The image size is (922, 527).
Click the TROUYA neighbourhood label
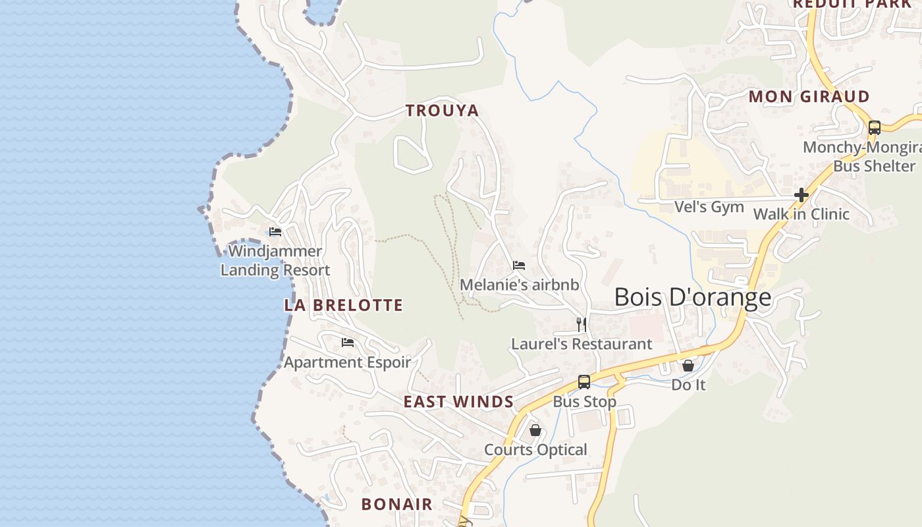(x=442, y=111)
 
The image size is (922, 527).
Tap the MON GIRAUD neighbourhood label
(x=809, y=96)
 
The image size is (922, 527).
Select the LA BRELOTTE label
(x=343, y=305)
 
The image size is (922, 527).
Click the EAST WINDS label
(x=458, y=402)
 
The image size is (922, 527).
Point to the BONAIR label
(x=396, y=505)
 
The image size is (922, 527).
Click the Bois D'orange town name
(x=692, y=297)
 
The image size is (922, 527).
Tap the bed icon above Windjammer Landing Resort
(x=275, y=232)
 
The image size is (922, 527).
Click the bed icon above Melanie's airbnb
(x=519, y=265)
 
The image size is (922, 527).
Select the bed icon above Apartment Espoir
(x=348, y=343)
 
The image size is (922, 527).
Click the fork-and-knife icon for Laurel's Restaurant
(x=582, y=324)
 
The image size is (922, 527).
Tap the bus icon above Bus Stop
(x=584, y=382)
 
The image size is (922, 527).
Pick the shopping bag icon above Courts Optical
(x=535, y=430)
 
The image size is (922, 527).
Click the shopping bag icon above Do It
(x=688, y=365)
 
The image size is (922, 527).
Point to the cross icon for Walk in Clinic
(x=801, y=195)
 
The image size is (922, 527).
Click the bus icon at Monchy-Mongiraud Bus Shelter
(x=875, y=128)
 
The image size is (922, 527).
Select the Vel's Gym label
(x=709, y=207)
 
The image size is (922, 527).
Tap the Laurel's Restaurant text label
(x=582, y=344)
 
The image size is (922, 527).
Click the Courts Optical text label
(x=535, y=450)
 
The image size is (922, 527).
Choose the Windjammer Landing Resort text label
(x=275, y=261)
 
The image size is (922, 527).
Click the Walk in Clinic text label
(x=801, y=214)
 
